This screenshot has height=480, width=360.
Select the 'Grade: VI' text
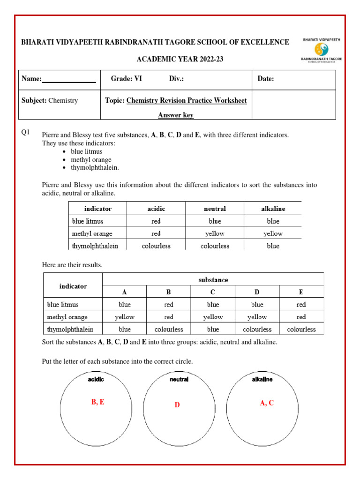click(x=126, y=79)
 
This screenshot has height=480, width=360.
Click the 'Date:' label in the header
click(x=266, y=79)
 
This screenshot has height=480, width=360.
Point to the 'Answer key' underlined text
click(x=176, y=115)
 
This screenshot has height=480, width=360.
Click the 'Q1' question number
click(x=26, y=133)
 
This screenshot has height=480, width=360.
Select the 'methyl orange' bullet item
click(x=91, y=159)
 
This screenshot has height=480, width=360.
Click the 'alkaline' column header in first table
click(x=273, y=209)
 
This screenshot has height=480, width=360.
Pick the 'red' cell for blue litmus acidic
click(x=156, y=221)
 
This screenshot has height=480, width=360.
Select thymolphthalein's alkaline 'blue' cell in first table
click(x=273, y=246)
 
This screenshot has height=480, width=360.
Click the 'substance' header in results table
click(x=213, y=279)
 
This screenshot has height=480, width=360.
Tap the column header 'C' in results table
click(x=213, y=292)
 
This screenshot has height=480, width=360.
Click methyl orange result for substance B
click(x=169, y=317)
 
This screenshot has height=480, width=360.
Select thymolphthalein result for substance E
click(x=301, y=329)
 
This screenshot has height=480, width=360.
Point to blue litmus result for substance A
click(x=125, y=304)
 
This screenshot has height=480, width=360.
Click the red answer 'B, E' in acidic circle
click(x=97, y=402)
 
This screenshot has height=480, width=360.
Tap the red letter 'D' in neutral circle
click(x=177, y=405)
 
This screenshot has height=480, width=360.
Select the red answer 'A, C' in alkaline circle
click(x=267, y=403)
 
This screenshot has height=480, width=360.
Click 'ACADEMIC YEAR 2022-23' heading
click(x=180, y=59)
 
